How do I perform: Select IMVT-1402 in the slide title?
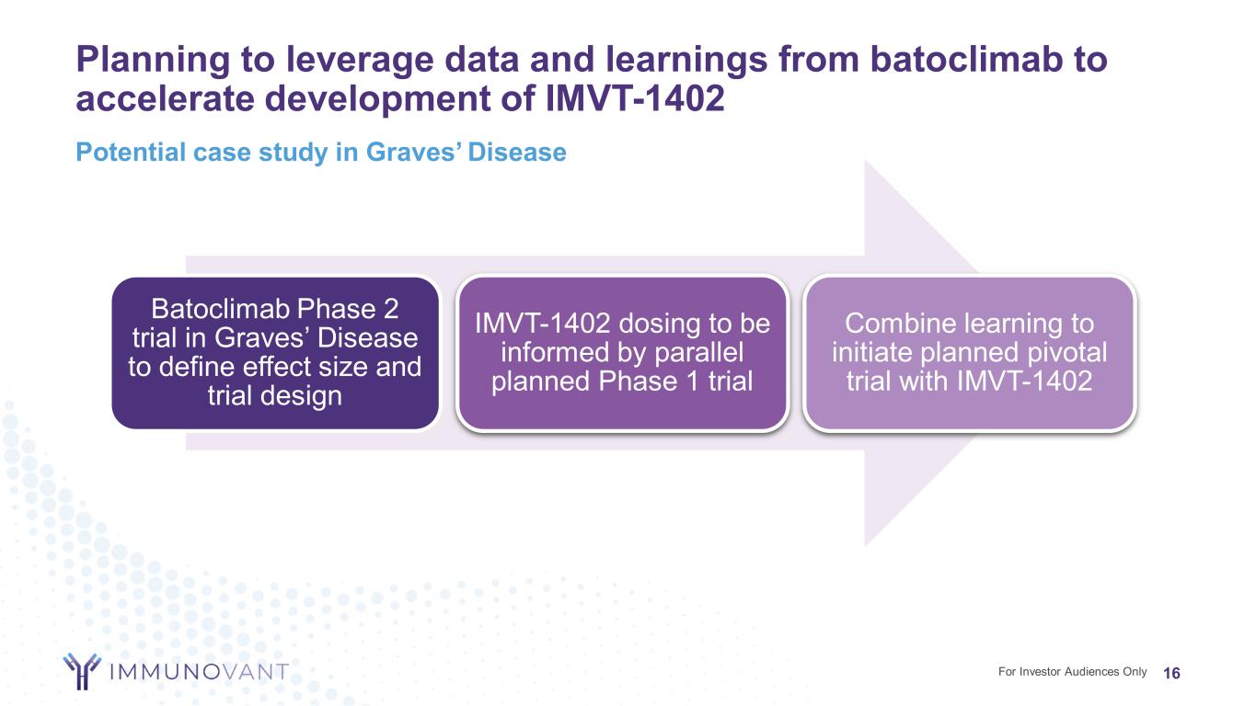point(635,98)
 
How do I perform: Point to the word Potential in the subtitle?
point(131,152)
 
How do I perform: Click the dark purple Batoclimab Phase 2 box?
point(275,354)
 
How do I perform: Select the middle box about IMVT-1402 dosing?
point(622,354)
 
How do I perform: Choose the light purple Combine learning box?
point(970,354)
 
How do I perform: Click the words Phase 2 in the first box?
point(347,309)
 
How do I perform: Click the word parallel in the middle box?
point(698,352)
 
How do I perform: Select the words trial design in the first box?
point(275,395)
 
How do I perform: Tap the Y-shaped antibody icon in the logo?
point(82,671)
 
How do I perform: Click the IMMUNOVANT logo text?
point(199,671)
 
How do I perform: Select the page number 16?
point(1171,673)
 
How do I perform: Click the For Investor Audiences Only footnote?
point(1072,671)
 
